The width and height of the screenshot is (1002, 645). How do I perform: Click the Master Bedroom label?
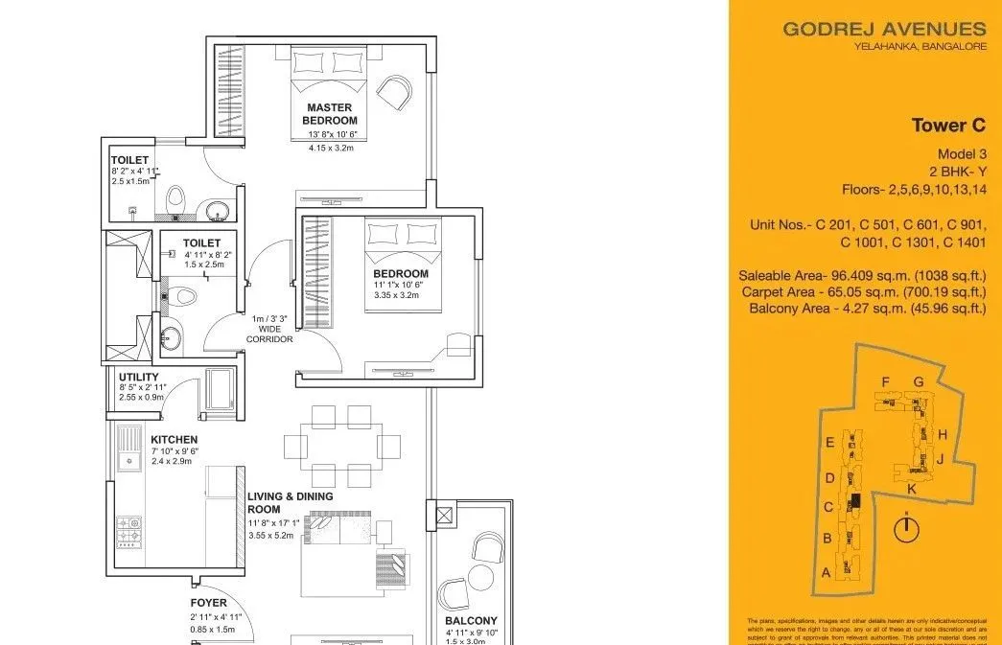coord(330,114)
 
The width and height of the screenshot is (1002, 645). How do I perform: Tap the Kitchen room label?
coord(175,440)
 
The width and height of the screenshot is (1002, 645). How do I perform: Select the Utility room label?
coord(139,377)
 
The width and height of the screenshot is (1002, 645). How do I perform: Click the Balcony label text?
coord(471,620)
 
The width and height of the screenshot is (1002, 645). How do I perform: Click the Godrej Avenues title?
coord(884,29)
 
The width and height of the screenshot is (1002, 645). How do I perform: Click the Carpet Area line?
coord(864,291)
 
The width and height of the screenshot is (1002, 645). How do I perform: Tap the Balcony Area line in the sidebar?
coord(867,308)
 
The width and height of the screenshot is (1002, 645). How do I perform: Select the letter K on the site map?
coord(911,489)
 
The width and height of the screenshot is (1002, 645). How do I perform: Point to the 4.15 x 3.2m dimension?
coord(331,149)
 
